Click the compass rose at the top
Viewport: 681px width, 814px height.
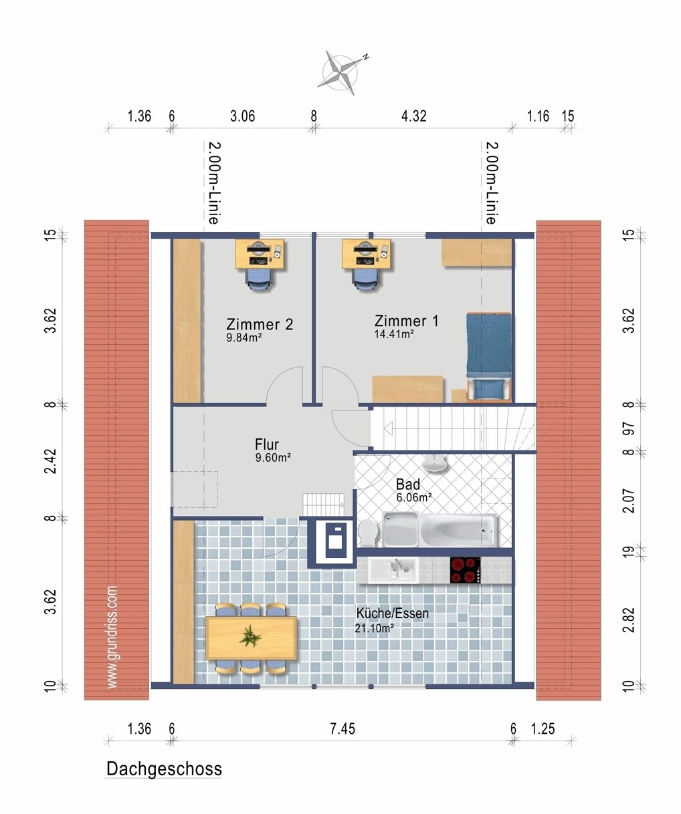[x=341, y=72]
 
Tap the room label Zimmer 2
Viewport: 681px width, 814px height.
[x=260, y=324]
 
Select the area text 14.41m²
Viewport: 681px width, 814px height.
[x=394, y=333]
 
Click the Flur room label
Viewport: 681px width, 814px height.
[x=267, y=444]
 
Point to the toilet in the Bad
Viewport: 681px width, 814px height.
[x=368, y=533]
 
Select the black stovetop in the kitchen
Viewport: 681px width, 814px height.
[x=465, y=570]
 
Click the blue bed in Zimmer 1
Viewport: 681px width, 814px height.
[x=488, y=356]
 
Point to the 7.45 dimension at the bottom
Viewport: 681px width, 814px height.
[x=343, y=728]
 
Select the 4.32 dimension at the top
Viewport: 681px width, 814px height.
[x=413, y=116]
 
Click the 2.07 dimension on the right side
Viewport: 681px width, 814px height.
[x=629, y=501]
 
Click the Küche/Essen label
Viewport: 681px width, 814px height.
[x=392, y=614]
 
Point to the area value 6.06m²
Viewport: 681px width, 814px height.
[x=413, y=497]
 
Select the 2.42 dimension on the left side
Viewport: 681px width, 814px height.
[x=51, y=461]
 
